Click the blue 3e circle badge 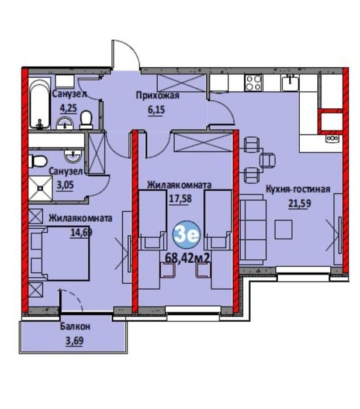[186, 235]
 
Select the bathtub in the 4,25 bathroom [39, 104]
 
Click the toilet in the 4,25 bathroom [86, 120]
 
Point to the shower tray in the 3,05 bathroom [40, 188]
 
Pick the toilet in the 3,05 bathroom [37, 161]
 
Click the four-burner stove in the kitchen [253, 83]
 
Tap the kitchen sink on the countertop [290, 83]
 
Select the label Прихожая [158, 96]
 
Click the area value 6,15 [157, 110]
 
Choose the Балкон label [75, 326]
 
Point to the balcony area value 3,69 [74, 341]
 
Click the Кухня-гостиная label [297, 189]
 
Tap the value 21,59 [300, 203]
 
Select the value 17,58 [180, 199]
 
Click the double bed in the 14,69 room [60, 253]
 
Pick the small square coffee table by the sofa [283, 229]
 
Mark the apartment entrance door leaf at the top [113, 54]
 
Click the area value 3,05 [65, 185]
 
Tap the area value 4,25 [68, 108]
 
